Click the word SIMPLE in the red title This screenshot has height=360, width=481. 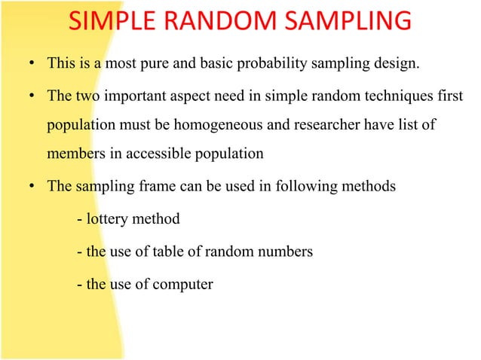pyautogui.click(x=113, y=23)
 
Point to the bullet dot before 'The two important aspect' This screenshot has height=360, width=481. pyautogui.click(x=32, y=96)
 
